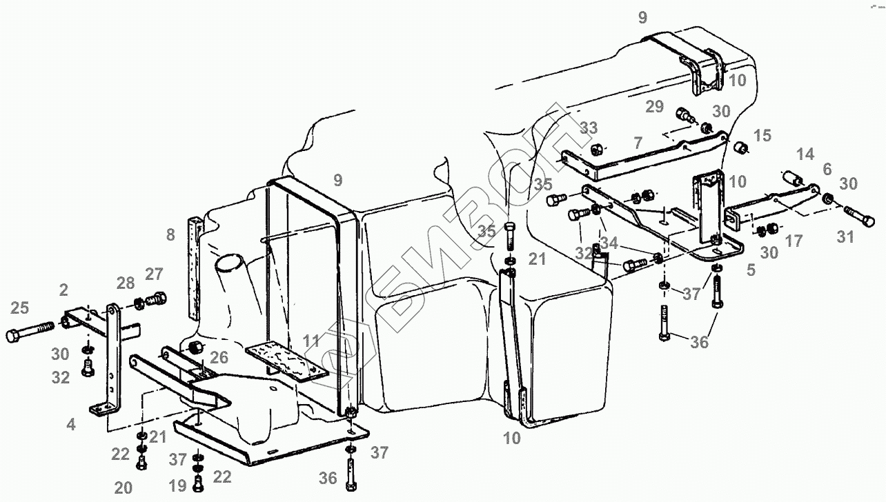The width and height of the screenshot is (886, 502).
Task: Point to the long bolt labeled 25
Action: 30,332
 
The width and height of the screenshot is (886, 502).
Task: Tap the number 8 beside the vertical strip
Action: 170,235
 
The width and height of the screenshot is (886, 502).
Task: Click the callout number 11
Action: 311,341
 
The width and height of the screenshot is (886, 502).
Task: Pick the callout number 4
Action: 71,425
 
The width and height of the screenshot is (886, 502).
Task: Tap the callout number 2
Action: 63,289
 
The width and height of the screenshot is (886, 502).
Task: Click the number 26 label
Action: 219,358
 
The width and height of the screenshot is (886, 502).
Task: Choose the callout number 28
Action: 126,284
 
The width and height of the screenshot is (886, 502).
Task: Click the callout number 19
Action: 178,486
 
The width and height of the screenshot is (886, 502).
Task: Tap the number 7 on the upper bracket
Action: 638,143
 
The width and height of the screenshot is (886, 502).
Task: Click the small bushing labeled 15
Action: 740,148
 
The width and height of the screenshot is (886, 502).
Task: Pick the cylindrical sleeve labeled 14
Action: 791,179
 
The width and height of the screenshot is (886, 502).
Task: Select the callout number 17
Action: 794,241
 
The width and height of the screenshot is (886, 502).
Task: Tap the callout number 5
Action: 750,271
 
